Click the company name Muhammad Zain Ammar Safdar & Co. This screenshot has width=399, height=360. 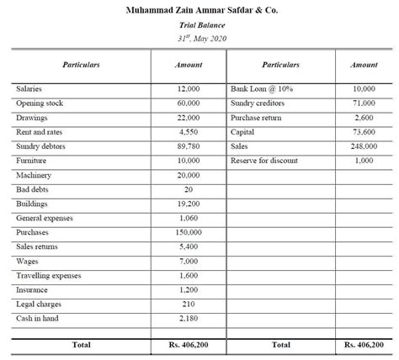[x=199, y=10]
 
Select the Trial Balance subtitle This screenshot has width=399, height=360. [x=200, y=25]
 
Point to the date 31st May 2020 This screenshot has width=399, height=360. [x=200, y=39]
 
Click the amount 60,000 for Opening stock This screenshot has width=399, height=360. [x=188, y=103]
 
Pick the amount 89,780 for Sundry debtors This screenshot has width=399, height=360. [x=188, y=146]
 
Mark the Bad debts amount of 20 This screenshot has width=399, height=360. [x=188, y=189]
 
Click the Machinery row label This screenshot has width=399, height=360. [x=34, y=175]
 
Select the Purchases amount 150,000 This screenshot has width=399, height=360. [x=188, y=232]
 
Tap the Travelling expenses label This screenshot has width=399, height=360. [x=49, y=275]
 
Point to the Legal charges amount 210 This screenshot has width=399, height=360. [x=188, y=304]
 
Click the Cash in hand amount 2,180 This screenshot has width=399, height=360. [x=188, y=318]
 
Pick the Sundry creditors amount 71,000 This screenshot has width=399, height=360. [x=364, y=103]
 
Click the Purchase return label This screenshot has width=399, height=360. [x=256, y=117]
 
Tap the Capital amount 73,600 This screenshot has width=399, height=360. [x=364, y=132]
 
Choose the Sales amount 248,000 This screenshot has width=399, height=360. [x=364, y=146]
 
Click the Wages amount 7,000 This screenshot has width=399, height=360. [x=188, y=261]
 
